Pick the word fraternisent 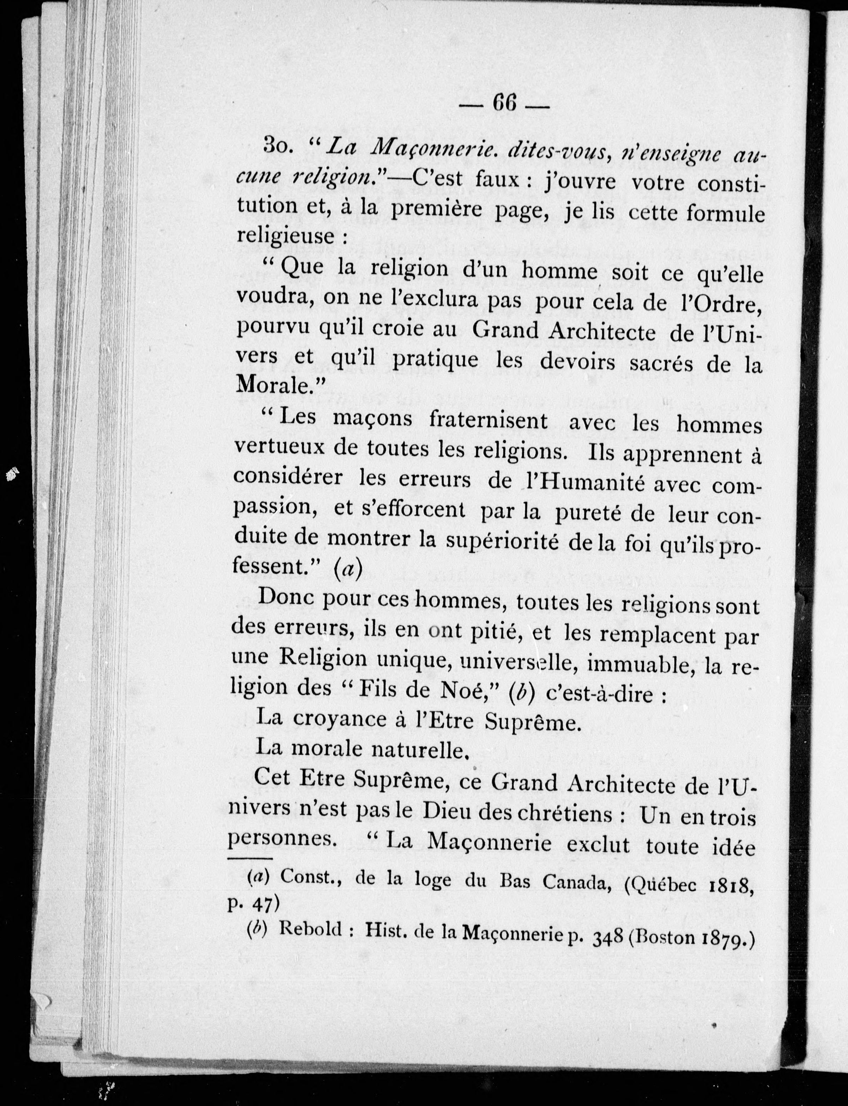488,421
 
